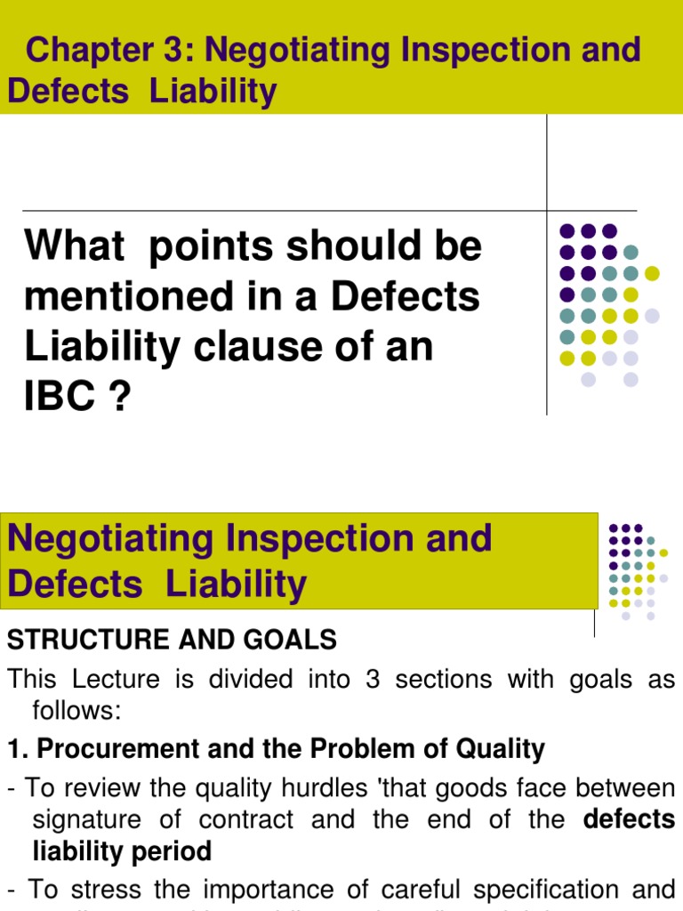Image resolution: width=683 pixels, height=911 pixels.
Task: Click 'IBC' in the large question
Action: pyautogui.click(x=60, y=398)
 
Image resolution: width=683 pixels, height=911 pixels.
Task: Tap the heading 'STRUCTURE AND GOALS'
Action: pyautogui.click(x=172, y=639)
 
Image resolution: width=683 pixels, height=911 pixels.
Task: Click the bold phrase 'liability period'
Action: pyautogui.click(x=122, y=851)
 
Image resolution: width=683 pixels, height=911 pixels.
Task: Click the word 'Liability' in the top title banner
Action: pyautogui.click(x=214, y=92)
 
